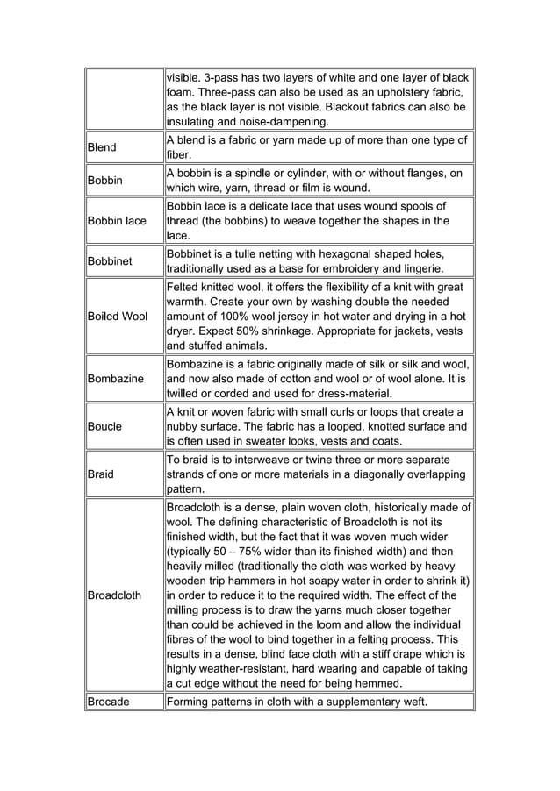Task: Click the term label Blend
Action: (102, 147)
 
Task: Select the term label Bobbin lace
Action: (117, 221)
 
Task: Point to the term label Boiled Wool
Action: (117, 316)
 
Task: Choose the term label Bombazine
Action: (114, 379)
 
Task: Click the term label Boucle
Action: (105, 426)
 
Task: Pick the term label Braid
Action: (102, 474)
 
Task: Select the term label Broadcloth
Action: (115, 595)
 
